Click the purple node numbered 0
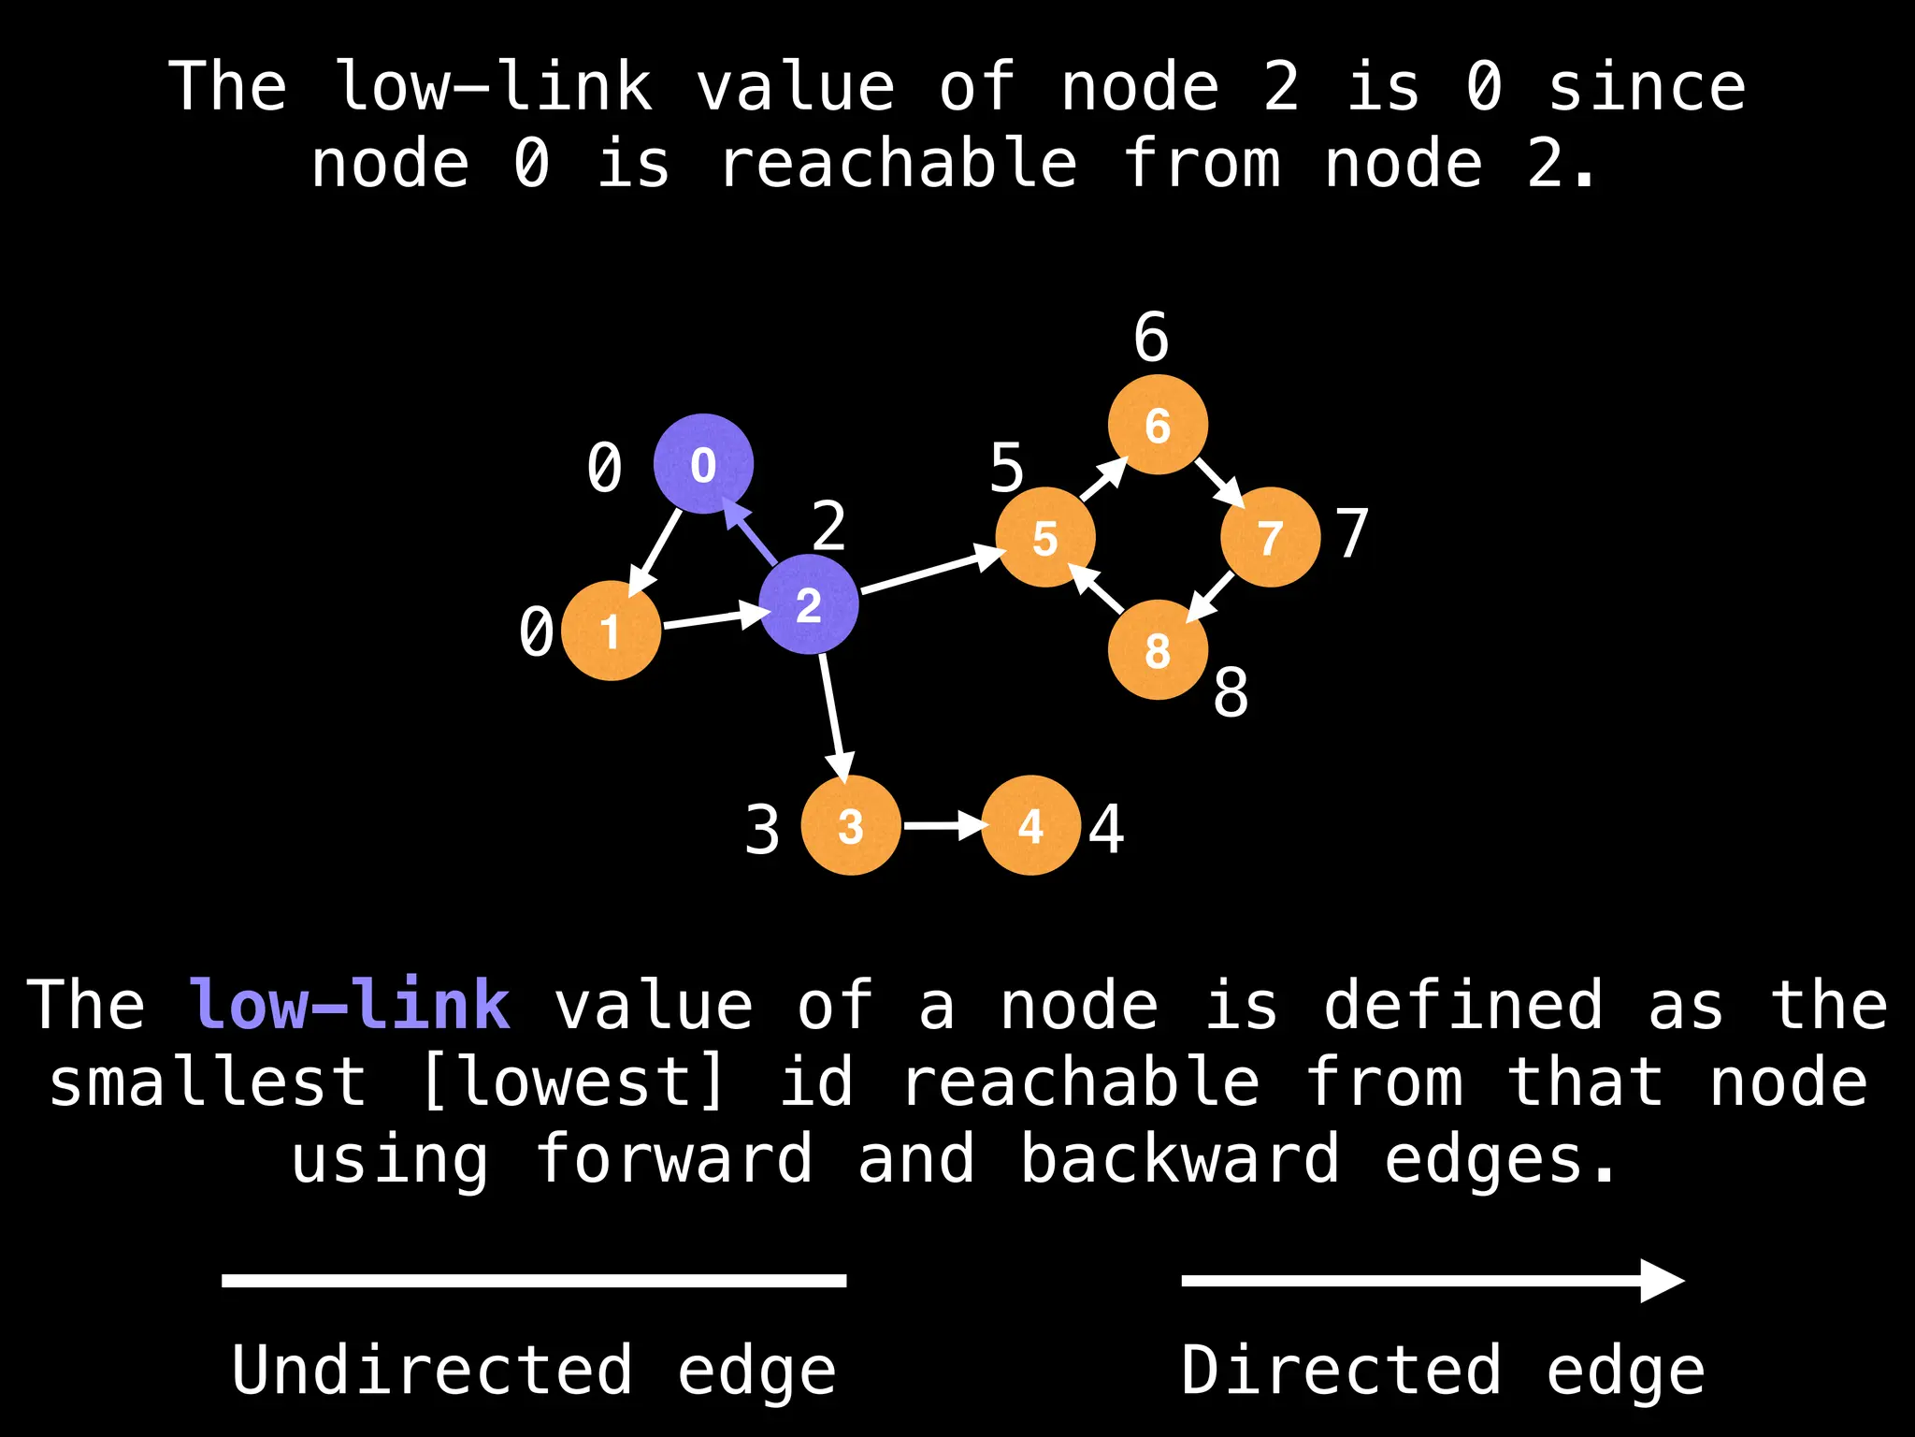pos(703,464)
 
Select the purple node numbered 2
pos(809,604)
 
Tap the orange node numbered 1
pos(611,631)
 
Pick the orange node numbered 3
pos(851,825)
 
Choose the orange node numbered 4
pos(1031,825)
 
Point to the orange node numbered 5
pos(1045,538)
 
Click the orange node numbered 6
pos(1158,425)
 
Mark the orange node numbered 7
pos(1270,538)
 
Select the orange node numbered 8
pos(1158,650)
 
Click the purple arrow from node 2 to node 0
pos(753,533)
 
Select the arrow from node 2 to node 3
pos(834,716)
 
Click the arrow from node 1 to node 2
pos(713,617)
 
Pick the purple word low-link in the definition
pos(350,1005)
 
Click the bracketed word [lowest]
pos(573,1082)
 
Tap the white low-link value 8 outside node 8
pos(1231,693)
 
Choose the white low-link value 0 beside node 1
pos(537,631)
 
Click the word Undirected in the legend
pos(432,1371)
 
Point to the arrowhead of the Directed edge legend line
pos(1663,1281)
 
